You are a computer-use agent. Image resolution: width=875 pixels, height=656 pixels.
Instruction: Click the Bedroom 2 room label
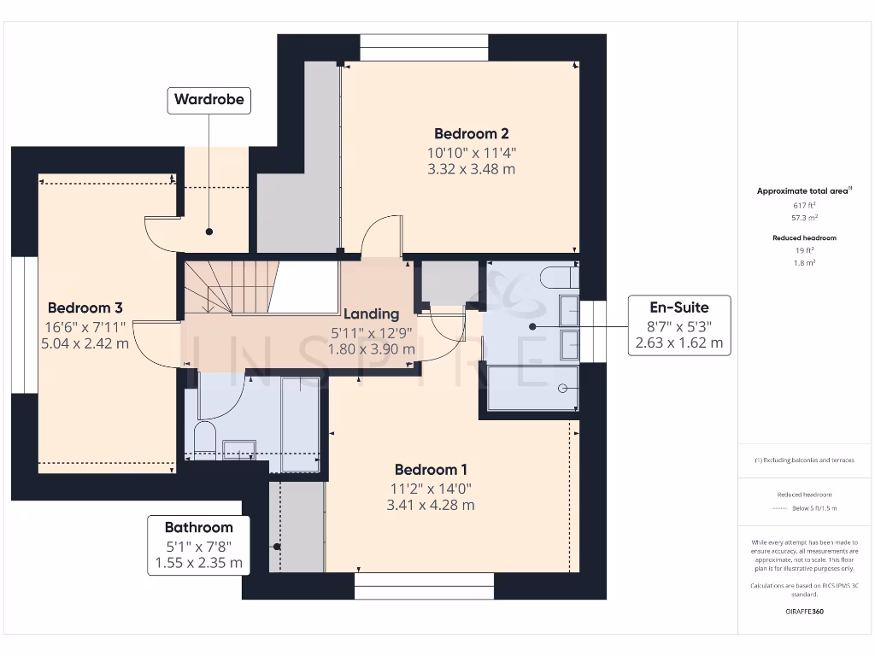pos(472,133)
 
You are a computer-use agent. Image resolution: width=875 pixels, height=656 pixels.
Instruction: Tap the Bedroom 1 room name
pos(431,470)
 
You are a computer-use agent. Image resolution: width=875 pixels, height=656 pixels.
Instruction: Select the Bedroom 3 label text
pos(85,307)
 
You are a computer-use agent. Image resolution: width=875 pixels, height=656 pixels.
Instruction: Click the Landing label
pos(372,313)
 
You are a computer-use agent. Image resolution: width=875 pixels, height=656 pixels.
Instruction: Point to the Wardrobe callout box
pos(209,99)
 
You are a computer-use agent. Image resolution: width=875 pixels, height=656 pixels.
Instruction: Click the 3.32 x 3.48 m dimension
pos(472,169)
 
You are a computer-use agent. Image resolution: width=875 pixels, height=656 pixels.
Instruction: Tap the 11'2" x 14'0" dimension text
pos(431,489)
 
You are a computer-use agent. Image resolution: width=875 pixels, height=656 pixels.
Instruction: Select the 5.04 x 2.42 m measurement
pos(85,343)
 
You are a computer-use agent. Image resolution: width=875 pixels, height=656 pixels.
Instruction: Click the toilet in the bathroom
pos(204,439)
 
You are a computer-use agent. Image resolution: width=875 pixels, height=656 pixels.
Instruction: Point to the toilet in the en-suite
pos(560,276)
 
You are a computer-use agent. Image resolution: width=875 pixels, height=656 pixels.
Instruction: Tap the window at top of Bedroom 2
pos(424,48)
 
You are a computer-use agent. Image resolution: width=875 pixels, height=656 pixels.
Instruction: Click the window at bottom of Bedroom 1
pos(424,585)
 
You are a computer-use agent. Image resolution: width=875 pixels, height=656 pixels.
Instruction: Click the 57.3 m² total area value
pos(805,218)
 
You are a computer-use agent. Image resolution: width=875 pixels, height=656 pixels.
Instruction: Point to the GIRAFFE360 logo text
pos(805,612)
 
